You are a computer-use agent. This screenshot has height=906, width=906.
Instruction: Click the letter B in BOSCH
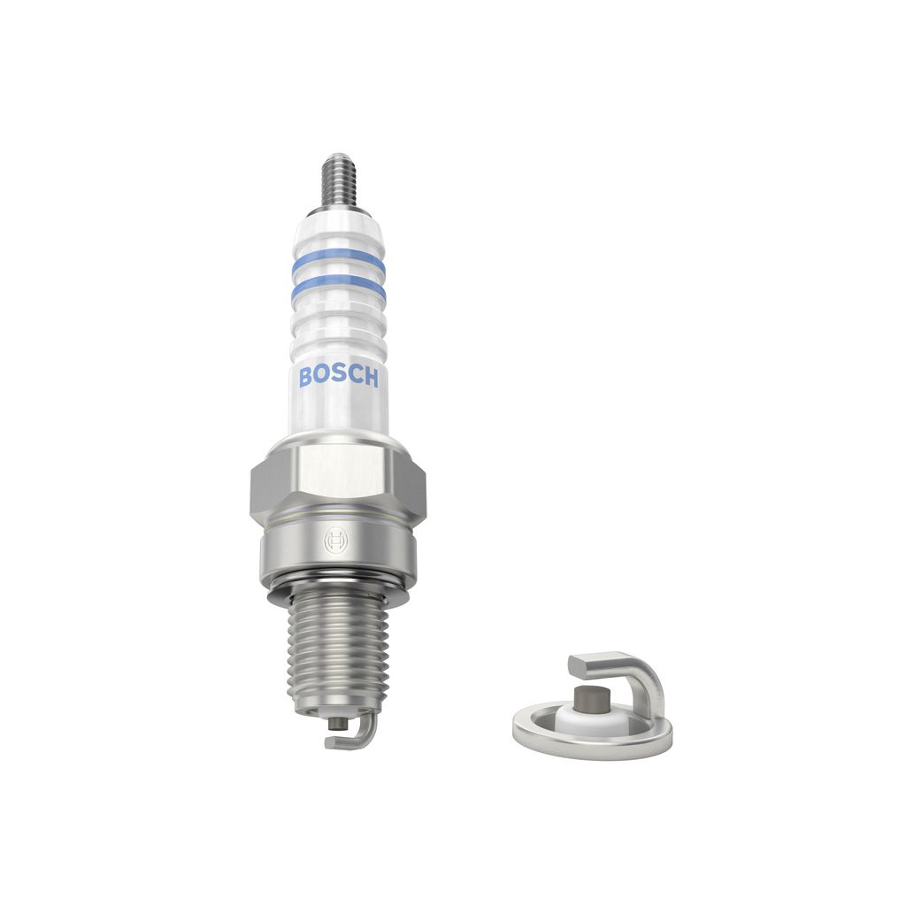point(306,377)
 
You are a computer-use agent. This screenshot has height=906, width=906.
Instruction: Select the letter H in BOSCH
point(371,377)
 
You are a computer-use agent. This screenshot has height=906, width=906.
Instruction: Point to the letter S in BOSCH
point(339,377)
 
